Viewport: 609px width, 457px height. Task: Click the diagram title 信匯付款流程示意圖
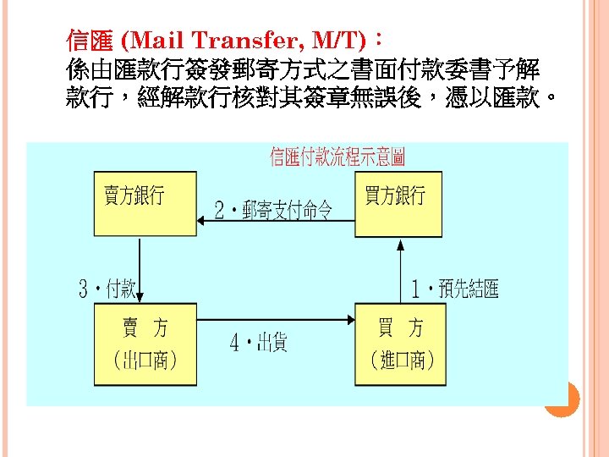point(337,157)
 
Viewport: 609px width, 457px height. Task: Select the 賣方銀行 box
point(144,203)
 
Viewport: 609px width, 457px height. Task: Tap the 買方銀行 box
point(398,203)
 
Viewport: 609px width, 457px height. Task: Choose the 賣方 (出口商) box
point(145,344)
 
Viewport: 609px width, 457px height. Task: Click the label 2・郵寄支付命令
point(273,210)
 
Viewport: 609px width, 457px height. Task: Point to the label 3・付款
point(107,289)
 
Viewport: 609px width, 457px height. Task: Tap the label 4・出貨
point(259,342)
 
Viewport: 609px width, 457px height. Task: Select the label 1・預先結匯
point(454,289)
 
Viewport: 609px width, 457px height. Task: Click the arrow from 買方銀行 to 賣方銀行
point(275,222)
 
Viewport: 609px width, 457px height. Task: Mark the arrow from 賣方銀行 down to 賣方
point(142,269)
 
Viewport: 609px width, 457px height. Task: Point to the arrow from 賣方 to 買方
point(275,320)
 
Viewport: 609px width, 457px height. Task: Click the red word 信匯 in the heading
point(91,40)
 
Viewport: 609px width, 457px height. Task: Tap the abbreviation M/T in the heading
point(337,40)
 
